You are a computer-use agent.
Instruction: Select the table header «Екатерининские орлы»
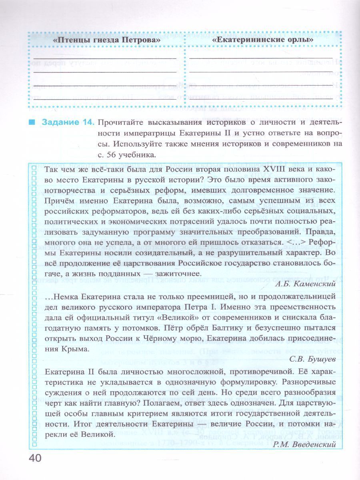[x=263, y=40]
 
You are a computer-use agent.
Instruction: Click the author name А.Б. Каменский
[x=305, y=285]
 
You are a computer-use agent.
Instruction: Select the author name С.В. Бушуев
[x=312, y=359]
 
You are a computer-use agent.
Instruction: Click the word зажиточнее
[x=179, y=273]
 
